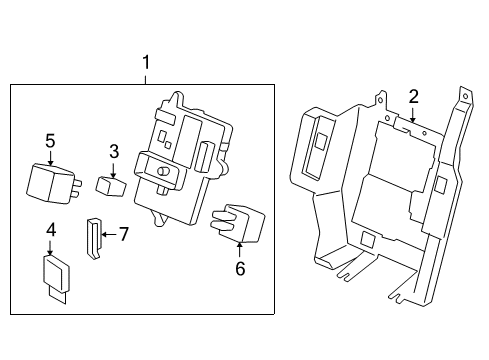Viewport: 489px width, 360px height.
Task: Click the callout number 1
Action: [x=146, y=63]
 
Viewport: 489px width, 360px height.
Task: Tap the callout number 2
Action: [x=413, y=97]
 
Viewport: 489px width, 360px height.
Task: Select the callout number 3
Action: [x=114, y=151]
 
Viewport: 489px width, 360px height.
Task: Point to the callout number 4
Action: [x=51, y=230]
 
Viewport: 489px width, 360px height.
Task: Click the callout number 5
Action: [x=50, y=141]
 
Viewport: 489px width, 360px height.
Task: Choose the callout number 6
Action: [x=240, y=268]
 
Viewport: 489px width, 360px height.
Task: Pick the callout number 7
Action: [x=124, y=234]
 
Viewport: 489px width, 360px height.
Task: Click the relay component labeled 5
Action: [x=54, y=183]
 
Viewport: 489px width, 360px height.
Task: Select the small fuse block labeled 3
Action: [x=111, y=186]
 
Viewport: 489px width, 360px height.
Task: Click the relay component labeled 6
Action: [x=238, y=222]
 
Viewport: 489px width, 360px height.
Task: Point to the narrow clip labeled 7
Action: [x=94, y=239]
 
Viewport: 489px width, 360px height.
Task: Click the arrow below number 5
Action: [x=50, y=158]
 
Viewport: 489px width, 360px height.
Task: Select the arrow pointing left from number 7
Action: [x=109, y=235]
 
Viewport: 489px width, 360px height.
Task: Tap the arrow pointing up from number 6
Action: [x=239, y=250]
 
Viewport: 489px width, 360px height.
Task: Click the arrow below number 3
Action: [x=114, y=170]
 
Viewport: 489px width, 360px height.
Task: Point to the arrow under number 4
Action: [x=50, y=248]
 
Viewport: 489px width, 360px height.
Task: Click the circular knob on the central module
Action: [x=163, y=171]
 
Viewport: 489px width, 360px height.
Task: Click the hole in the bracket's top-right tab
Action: [x=466, y=97]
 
